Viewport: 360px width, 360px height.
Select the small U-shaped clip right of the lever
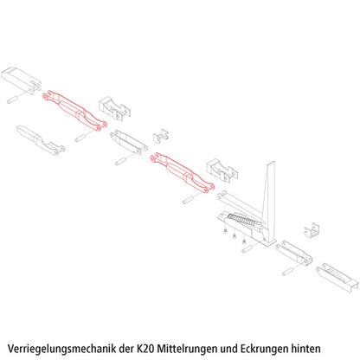[312, 232]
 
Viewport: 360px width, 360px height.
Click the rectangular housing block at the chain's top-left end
[22, 78]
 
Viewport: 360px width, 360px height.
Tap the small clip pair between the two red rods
[161, 135]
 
